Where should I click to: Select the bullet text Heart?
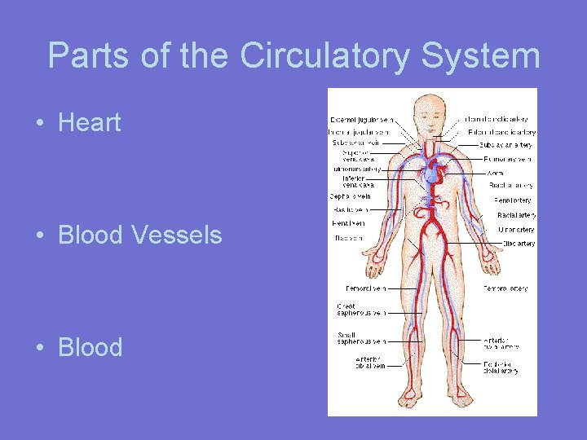(x=90, y=123)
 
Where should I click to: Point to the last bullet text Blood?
(x=90, y=347)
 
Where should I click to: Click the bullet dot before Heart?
(x=39, y=124)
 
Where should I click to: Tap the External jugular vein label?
(x=359, y=120)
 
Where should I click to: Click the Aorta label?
(x=495, y=173)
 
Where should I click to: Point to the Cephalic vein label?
(x=351, y=196)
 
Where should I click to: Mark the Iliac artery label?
(x=519, y=244)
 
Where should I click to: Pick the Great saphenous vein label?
(x=360, y=310)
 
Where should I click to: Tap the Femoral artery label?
(x=505, y=288)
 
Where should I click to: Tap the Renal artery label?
(x=513, y=200)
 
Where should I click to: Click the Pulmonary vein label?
(x=507, y=159)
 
